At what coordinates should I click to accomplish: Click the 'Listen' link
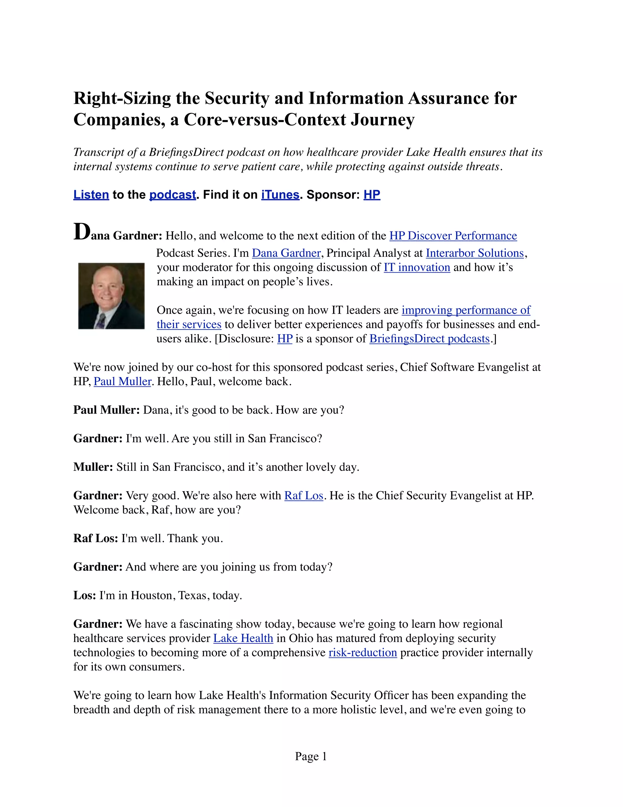tap(91, 194)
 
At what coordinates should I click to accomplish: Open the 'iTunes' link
tap(280, 194)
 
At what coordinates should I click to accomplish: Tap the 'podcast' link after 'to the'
tap(172, 194)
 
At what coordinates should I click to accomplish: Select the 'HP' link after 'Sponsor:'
tap(372, 194)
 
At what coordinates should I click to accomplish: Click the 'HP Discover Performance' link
tap(453, 236)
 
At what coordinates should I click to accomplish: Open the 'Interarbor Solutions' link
tap(475, 253)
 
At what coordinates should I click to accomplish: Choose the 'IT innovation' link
tap(417, 267)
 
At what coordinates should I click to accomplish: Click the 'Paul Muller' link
tap(123, 381)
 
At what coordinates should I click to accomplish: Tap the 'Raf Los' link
tap(304, 495)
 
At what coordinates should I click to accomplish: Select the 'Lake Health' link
tap(243, 638)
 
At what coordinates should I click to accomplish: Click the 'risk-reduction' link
tap(363, 653)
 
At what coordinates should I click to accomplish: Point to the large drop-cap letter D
tap(82, 232)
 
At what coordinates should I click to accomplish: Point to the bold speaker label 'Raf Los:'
tap(96, 538)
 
